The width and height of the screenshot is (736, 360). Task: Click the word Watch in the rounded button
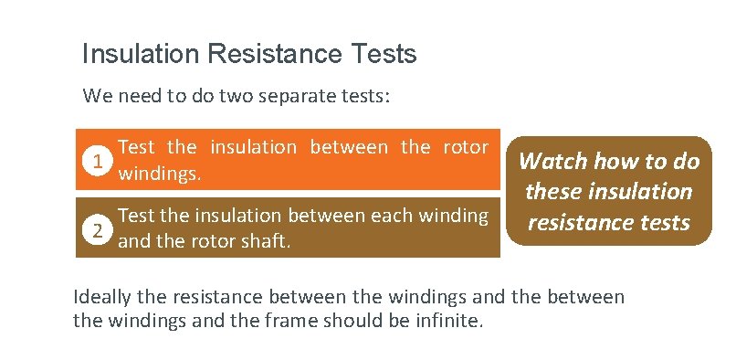coord(553,162)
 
